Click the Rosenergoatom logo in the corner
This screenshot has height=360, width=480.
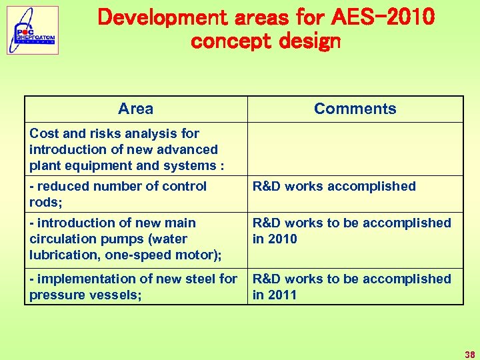click(x=33, y=30)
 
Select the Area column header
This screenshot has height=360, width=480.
click(x=135, y=109)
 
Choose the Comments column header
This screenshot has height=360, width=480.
click(x=355, y=109)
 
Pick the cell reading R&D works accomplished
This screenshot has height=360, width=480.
click(x=333, y=186)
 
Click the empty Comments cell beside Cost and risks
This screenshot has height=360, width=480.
click(x=355, y=149)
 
